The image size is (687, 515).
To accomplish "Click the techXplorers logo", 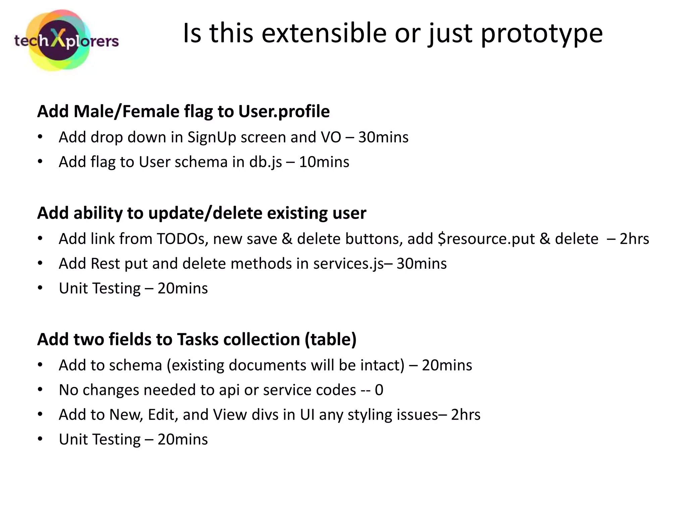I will coord(66,41).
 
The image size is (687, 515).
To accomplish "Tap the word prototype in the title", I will coord(542,34).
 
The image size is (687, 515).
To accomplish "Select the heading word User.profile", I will coord(284,111).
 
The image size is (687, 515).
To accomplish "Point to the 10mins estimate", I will coord(324,162).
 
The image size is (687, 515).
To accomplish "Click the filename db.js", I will coord(265,162).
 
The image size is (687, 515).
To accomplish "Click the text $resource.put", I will coord(486,239).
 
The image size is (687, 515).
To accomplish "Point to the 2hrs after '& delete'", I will coord(634,239).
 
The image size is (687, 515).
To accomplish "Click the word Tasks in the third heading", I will coord(198,339).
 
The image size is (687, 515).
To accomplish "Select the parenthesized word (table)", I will coord(330,339).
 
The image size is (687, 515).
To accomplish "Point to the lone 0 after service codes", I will coord(379,390).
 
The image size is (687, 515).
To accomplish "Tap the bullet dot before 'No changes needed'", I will coord(40,390).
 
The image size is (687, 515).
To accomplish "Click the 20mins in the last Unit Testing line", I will coord(182,440).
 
